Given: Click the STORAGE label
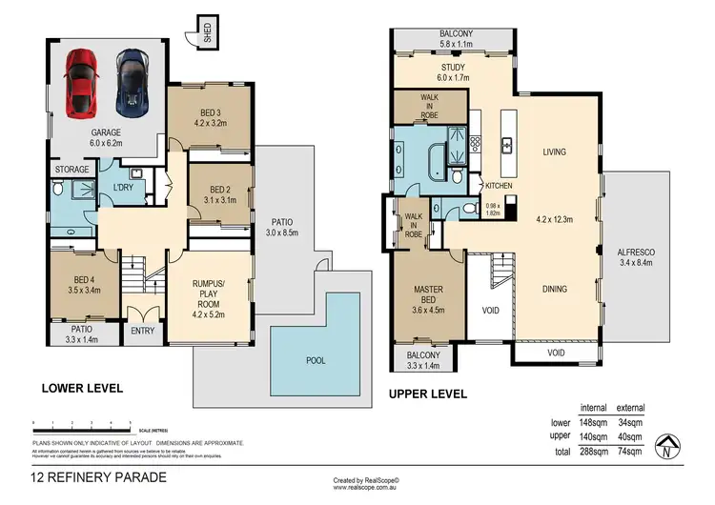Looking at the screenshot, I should [71, 171].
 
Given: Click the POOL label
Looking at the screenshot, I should [316, 361].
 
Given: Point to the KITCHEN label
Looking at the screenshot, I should [500, 186].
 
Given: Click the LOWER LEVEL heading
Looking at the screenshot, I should [81, 389].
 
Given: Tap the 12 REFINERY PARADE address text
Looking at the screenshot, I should [99, 476].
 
